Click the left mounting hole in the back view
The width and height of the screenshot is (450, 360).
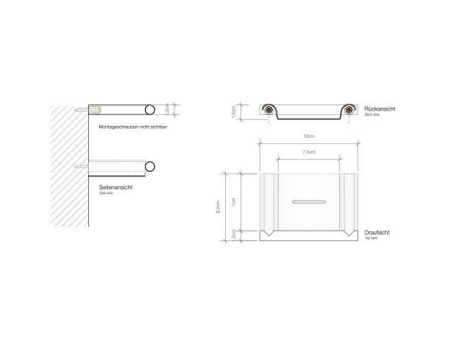(x=270, y=111)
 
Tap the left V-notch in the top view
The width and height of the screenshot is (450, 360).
(x=268, y=237)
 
